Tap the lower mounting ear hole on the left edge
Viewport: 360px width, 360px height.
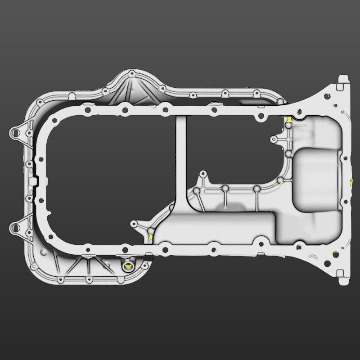click(17, 227)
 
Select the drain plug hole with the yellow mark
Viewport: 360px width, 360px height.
click(128, 266)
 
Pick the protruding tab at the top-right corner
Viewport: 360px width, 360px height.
click(343, 80)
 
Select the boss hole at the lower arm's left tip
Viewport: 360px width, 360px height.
click(133, 223)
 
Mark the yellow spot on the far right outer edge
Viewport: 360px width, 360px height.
click(351, 181)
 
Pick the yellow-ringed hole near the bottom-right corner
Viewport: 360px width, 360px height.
click(335, 254)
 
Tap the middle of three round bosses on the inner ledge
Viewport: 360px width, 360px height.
click(225, 188)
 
